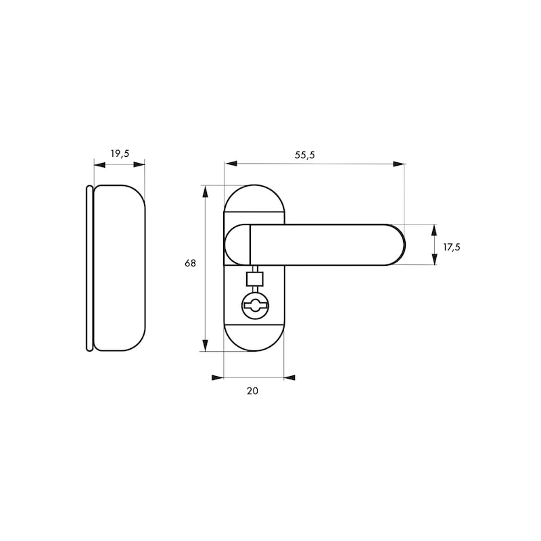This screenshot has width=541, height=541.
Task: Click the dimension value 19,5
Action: [119, 154]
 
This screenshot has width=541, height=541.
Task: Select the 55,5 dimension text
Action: [305, 155]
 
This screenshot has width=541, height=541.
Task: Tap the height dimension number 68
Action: [190, 263]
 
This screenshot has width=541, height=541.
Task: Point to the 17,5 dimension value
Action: [452, 247]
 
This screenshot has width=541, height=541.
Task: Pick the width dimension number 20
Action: [253, 390]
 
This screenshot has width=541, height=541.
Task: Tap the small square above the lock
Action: [255, 279]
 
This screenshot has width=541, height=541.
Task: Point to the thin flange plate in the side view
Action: [89, 268]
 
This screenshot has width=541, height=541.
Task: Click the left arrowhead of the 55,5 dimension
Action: [230, 164]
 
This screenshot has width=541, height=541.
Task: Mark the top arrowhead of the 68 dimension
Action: [204, 191]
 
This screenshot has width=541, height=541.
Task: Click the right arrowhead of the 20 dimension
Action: [289, 377]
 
